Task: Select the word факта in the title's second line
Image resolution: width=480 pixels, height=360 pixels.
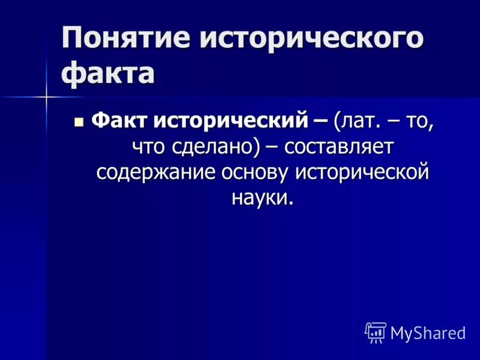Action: point(108,75)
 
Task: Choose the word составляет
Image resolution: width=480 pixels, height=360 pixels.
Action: point(339,146)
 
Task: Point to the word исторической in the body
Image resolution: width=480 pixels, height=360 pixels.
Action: point(363,172)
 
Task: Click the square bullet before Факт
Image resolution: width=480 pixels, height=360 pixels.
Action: point(79,121)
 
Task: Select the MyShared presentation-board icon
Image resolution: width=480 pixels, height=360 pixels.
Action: point(375,332)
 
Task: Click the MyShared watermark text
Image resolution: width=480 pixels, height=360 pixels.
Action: point(428,333)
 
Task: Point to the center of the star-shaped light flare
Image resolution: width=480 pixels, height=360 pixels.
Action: point(47,96)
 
